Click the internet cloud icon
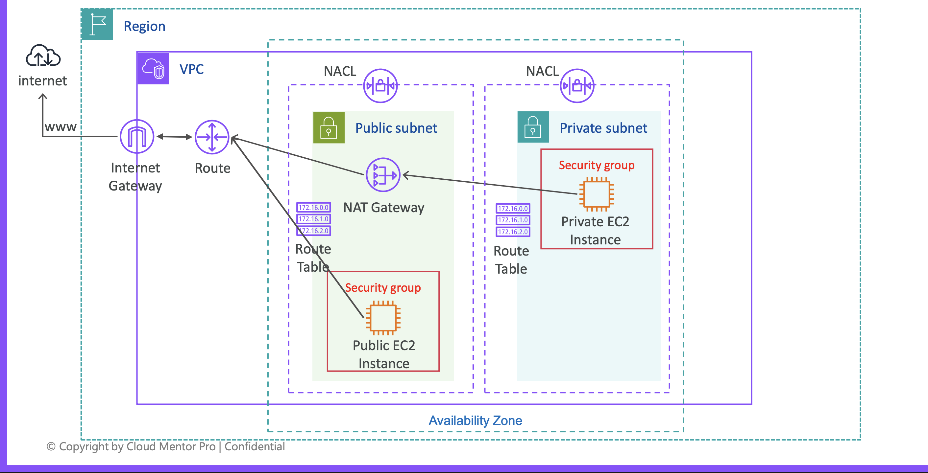(x=43, y=56)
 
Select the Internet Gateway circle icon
(x=137, y=137)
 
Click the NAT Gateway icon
(x=383, y=175)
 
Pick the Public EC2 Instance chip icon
(x=383, y=318)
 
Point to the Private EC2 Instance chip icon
(x=597, y=194)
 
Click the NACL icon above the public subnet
(x=380, y=86)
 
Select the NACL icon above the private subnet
(x=577, y=86)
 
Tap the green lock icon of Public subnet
(x=329, y=128)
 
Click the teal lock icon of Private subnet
(x=533, y=127)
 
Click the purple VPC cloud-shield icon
(x=153, y=68)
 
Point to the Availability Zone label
(x=475, y=420)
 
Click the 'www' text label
(x=61, y=127)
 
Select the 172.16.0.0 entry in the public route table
(x=313, y=207)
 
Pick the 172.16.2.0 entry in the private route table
(x=513, y=232)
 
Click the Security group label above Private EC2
(x=597, y=165)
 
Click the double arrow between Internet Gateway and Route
(x=174, y=137)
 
